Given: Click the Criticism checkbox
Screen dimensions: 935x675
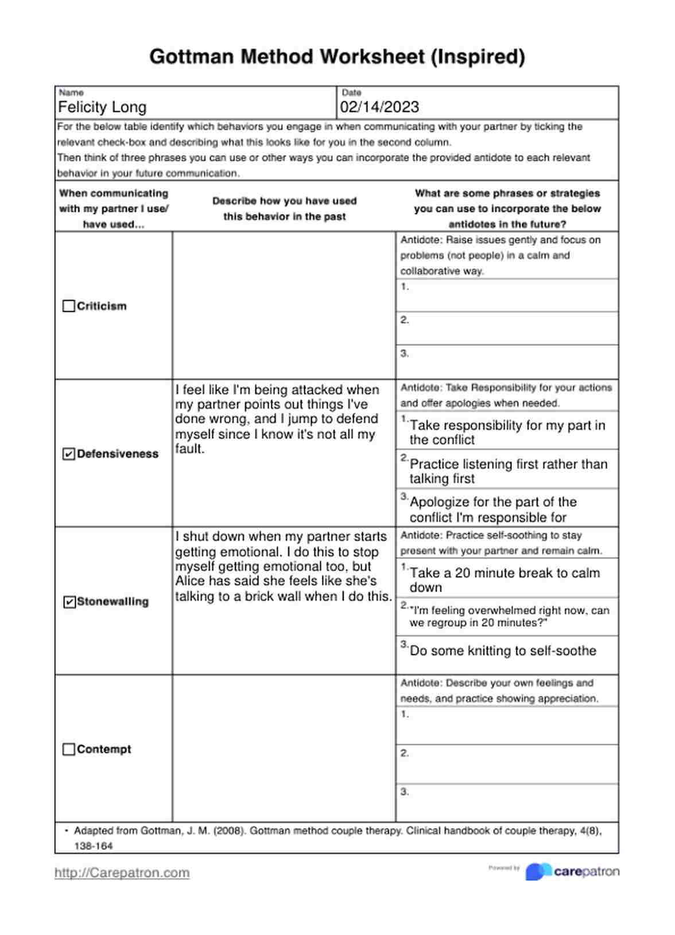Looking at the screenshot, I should click(68, 306).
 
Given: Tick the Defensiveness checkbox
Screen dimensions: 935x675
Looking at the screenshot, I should click(68, 454).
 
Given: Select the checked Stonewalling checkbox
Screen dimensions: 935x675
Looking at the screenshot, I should click(69, 602).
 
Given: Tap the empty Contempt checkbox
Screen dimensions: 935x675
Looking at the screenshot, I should click(68, 750).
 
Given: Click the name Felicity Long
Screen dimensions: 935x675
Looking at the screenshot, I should click(102, 107).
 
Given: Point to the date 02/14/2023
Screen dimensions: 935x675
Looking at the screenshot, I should click(379, 107).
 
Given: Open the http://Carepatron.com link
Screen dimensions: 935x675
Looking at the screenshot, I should click(122, 873).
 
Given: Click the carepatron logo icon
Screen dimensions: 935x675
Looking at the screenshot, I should click(538, 872).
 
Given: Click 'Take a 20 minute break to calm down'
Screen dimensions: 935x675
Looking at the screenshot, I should click(505, 580).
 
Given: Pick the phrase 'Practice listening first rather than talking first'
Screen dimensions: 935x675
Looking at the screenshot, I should click(508, 471).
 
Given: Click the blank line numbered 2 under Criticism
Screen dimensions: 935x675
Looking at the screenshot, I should click(507, 328).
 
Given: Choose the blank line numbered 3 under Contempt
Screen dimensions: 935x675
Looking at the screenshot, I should click(507, 802).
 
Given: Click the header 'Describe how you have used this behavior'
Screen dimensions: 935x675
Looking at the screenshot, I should click(284, 209).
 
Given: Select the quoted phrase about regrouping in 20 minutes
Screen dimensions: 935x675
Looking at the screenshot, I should click(509, 617).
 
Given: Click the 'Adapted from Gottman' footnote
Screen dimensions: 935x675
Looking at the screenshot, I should click(338, 837).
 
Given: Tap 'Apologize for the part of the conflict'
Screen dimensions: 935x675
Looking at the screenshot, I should click(493, 509).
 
